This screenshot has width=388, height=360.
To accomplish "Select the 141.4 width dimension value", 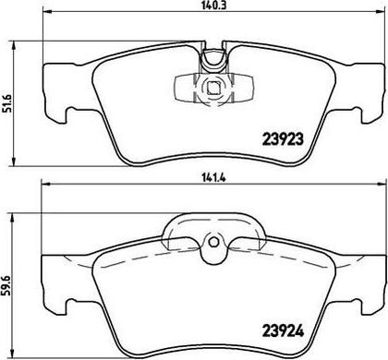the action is click(x=213, y=178).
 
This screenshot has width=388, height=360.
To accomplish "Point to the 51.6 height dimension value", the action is click(x=6, y=103).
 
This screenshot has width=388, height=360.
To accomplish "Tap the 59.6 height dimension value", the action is click(x=6, y=285).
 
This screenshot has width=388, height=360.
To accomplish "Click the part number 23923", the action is click(x=283, y=139).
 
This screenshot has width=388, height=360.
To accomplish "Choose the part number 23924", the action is click(x=283, y=331).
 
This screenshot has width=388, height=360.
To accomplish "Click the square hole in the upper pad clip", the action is click(x=213, y=89).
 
